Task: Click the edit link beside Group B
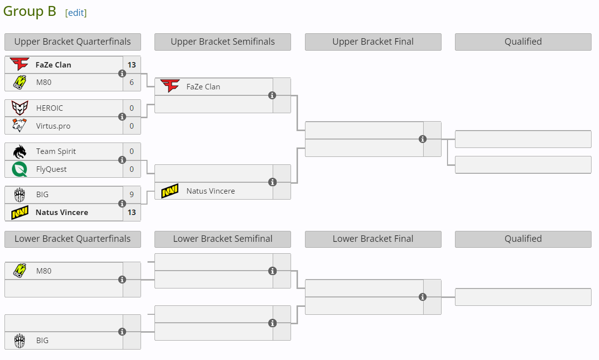[76, 13]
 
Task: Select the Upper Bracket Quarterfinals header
[73, 42]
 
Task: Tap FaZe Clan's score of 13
[132, 65]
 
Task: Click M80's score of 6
[132, 82]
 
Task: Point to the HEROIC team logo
[20, 108]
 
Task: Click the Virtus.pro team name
[53, 126]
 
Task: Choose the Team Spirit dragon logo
[20, 151]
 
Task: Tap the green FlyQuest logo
[20, 169]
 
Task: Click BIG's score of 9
[132, 195]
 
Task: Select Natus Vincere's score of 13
[132, 213]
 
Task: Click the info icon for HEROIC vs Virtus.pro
[122, 117]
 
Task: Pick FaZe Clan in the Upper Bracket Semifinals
[203, 86]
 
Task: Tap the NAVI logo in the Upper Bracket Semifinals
[170, 191]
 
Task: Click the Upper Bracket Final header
[373, 42]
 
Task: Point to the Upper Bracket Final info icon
[423, 139]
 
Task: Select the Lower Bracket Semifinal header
[223, 239]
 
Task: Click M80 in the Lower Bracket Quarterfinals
[44, 271]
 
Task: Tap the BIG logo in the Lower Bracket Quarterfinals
[20, 341]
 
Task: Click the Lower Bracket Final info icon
[423, 297]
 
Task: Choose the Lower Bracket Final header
[373, 239]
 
